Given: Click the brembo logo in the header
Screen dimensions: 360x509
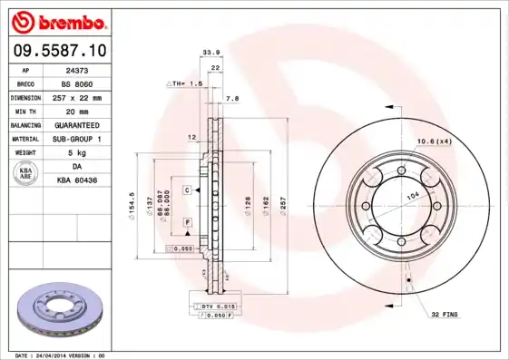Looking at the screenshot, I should tap(56, 20).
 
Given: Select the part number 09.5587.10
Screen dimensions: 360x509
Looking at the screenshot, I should tap(56, 51).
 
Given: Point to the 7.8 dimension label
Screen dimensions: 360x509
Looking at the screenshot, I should tap(231, 98).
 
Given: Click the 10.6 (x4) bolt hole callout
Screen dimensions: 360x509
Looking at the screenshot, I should tap(434, 141).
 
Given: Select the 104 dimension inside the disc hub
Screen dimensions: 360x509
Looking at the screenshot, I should tap(412, 196).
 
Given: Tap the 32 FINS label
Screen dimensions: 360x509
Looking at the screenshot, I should tap(445, 315).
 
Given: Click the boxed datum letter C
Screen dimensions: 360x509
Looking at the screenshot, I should tap(186, 190).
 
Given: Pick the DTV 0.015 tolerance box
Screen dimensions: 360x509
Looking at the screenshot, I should tap(204, 308).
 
